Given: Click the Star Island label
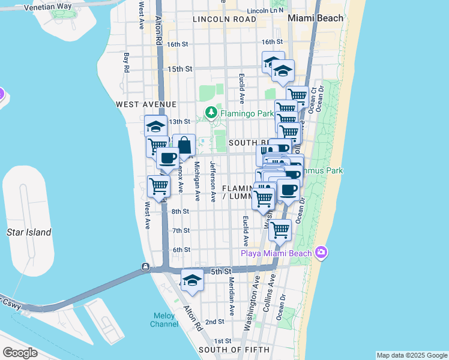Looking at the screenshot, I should tap(29, 232).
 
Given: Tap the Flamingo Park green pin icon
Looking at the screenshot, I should tap(211, 112).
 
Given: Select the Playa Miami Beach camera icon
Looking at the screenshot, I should tap(321, 253).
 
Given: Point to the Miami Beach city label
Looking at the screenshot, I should tap(316, 18).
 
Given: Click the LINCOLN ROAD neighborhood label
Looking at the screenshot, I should tap(224, 19).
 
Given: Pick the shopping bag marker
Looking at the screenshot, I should tap(184, 145).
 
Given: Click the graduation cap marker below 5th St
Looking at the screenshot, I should tap(192, 281).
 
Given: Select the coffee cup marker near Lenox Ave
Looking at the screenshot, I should tap(167, 158).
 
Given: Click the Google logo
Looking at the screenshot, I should tap(20, 353).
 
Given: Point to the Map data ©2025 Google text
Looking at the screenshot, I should tap(411, 355).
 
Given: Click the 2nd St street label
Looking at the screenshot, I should tap(214, 322).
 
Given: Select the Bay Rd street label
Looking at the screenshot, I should tap(127, 63).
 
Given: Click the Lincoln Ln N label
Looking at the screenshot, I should tap(265, 11).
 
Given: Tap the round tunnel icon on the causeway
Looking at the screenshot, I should tap(145, 266).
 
